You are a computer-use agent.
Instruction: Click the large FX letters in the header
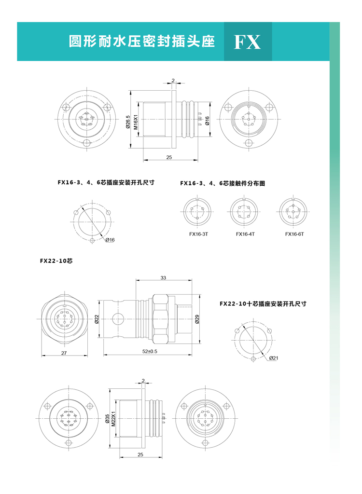(247, 42)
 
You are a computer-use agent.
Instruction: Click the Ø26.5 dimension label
(128, 122)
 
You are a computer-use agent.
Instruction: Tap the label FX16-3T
(198, 234)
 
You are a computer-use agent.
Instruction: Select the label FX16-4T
(245, 234)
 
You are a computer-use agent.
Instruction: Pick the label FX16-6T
(294, 234)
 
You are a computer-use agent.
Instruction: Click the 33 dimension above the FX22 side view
(163, 278)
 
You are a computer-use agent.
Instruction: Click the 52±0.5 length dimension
(150, 351)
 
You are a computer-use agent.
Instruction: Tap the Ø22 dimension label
(97, 319)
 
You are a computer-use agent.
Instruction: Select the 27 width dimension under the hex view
(64, 353)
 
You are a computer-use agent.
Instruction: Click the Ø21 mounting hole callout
(274, 358)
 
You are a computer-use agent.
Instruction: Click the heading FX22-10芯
(56, 261)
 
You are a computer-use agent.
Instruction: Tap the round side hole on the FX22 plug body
(118, 319)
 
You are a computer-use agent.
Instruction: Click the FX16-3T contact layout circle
(198, 212)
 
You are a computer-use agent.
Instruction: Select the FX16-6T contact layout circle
(293, 212)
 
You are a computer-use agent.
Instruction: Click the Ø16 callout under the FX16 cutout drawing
(111, 240)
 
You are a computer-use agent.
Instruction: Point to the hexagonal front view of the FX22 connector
(64, 319)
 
